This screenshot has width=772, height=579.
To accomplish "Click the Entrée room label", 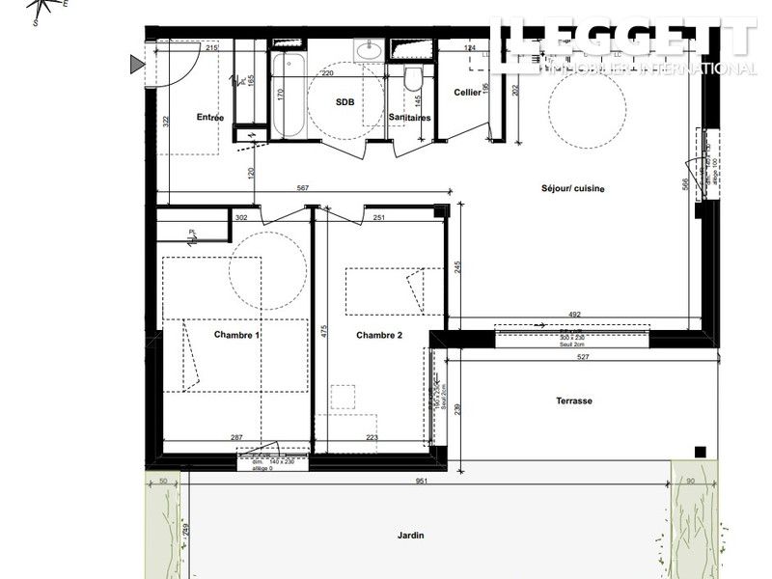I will click(210, 118).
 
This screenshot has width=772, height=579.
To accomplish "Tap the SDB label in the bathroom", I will click(345, 101).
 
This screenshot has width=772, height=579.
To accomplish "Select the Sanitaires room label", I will click(409, 118).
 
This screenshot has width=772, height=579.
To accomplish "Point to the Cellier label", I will click(468, 93).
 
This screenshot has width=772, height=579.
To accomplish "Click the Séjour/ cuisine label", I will click(572, 189).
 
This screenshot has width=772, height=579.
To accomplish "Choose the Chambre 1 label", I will click(236, 336).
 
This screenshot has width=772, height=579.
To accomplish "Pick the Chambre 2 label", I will click(379, 336).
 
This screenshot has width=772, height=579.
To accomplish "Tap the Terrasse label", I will click(574, 400).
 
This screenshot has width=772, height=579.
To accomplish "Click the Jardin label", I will click(410, 537).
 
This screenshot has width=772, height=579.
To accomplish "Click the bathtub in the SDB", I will click(285, 96).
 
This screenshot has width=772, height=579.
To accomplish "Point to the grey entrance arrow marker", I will click(136, 65).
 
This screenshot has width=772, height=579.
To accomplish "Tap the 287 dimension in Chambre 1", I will click(236, 438).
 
